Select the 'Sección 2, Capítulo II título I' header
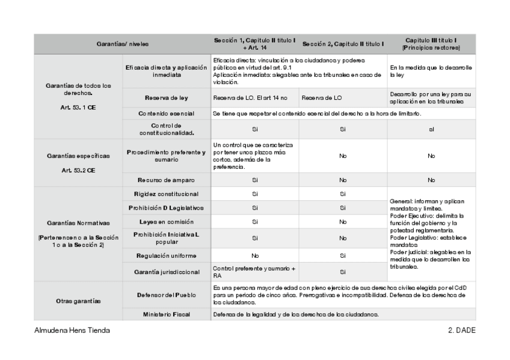coord(343,44)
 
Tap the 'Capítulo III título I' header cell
coord(431,43)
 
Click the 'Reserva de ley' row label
coord(166,97)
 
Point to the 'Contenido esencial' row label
coord(166,113)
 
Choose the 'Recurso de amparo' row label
coord(166,180)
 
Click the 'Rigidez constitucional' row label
coord(166,194)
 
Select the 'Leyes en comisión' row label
coord(166,222)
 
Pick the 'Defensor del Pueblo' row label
coord(166,296)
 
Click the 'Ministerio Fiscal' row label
coord(166,314)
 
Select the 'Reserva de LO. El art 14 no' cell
coord(250,97)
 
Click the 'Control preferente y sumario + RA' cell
coord(253,271)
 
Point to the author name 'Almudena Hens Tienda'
coord(72,331)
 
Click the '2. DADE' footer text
coord(461,331)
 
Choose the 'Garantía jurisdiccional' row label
coord(166,272)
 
